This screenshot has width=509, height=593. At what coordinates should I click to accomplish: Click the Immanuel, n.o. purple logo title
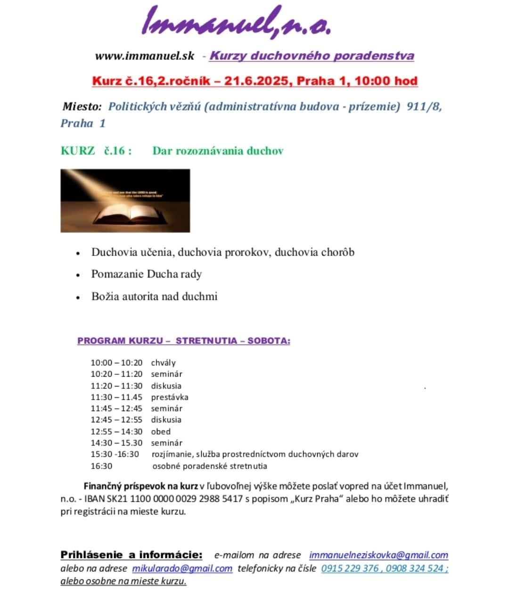click(x=237, y=22)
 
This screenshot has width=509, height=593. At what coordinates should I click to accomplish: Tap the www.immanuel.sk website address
click(x=145, y=56)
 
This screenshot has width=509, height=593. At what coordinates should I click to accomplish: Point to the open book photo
click(x=125, y=201)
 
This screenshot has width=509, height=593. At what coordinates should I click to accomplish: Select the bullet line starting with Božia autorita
click(x=154, y=296)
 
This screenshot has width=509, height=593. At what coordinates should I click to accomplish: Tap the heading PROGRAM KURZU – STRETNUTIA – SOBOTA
click(x=184, y=340)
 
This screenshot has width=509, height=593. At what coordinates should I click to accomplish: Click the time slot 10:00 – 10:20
click(x=116, y=362)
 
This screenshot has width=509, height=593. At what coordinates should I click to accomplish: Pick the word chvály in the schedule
click(x=163, y=362)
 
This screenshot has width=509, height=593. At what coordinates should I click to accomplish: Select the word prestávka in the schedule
click(x=170, y=397)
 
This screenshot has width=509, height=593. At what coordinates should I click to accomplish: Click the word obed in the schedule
click(x=161, y=431)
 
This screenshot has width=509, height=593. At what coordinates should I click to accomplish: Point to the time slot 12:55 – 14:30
click(x=116, y=431)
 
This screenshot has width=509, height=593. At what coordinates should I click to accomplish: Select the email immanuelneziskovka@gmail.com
click(x=378, y=555)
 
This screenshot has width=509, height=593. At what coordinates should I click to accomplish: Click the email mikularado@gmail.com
click(x=182, y=568)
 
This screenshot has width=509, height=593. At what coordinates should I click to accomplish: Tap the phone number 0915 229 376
click(x=350, y=568)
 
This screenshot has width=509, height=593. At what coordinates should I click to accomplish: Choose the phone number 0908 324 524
click(x=415, y=568)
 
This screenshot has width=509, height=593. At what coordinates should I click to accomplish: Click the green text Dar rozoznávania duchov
click(x=218, y=151)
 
